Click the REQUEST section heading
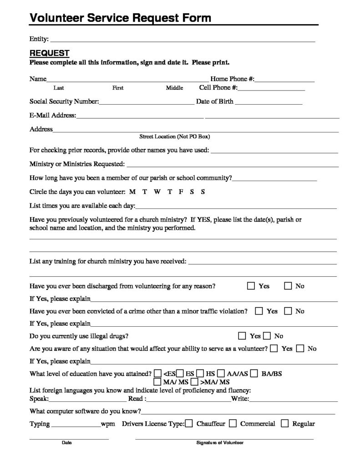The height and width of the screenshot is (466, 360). click(49, 53)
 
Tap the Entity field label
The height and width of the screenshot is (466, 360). click(39, 39)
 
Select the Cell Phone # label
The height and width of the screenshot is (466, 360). click(218, 88)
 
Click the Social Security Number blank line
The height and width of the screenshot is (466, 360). click(146, 103)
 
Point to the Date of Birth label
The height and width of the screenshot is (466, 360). click(214, 101)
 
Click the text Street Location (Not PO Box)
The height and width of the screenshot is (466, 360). click(174, 137)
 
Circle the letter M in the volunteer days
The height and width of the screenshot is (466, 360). click(132, 192)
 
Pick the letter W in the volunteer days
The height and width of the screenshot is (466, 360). click(157, 192)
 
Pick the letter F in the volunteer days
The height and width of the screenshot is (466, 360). click(181, 192)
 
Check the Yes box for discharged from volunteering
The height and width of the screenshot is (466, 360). click(251, 286)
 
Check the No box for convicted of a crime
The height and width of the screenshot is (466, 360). click(288, 311)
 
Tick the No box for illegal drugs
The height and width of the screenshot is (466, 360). click(267, 336)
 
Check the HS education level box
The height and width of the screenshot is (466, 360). click(201, 374)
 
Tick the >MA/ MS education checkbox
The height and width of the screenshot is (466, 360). click(194, 381)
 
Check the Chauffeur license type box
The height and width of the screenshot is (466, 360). click(189, 424)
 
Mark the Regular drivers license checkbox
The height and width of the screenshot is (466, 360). click(285, 424)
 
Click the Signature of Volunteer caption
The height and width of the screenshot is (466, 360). click(220, 443)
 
